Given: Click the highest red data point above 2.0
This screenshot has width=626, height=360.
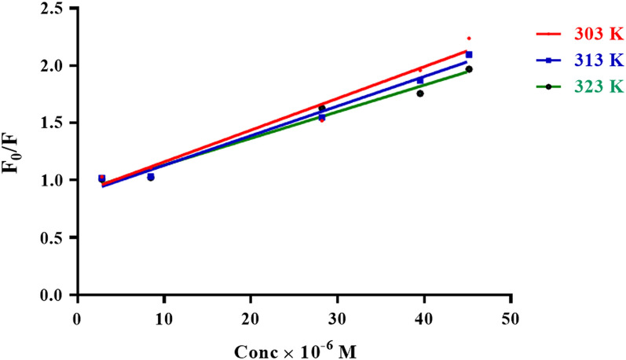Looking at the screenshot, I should point(469,38).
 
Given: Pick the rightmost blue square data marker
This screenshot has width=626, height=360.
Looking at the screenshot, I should point(469,54).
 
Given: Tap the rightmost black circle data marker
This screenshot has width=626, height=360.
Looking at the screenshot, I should point(469,69).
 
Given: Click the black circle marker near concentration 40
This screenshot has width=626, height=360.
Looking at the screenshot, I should point(420,94).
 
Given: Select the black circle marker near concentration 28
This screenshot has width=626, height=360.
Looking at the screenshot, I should point(322,108).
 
